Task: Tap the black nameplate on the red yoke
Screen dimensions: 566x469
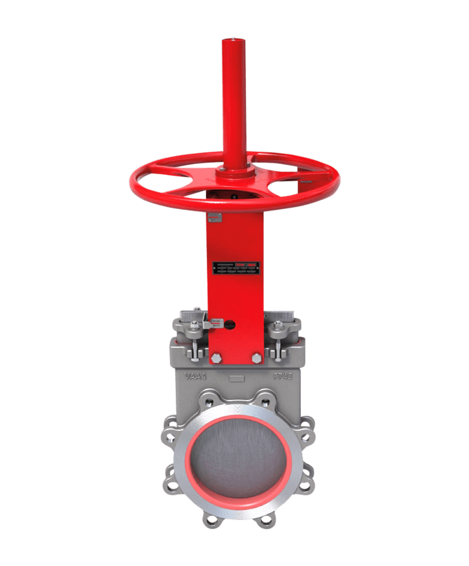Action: pyautogui.click(x=235, y=268)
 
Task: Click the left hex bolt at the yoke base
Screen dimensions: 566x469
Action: pyautogui.click(x=216, y=358)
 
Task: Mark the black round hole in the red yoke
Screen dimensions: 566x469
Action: pyautogui.click(x=230, y=325)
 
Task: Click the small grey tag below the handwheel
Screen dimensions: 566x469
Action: pyautogui.click(x=214, y=217)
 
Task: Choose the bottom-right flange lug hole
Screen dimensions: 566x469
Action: pyautogui.click(x=264, y=520)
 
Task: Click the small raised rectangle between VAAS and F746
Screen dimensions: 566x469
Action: pyautogui.click(x=235, y=378)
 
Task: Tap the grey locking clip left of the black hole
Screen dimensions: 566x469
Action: pyautogui.click(x=216, y=324)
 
